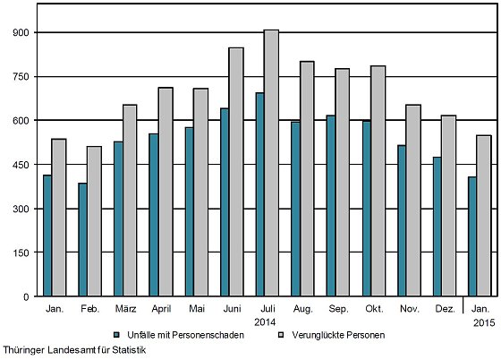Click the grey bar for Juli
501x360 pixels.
[271, 163]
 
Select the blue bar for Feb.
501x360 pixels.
[82, 239]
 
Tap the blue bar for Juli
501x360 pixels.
[259, 194]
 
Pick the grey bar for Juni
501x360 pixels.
[236, 172]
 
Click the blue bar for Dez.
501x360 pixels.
[437, 227]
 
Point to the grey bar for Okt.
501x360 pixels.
[378, 181]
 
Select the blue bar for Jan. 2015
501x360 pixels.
[472, 236]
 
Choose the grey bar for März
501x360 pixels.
[130, 201]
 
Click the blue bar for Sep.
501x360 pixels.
[331, 206]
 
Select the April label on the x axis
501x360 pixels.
[161, 309]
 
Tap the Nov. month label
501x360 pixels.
[410, 309]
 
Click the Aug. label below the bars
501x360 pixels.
[303, 310]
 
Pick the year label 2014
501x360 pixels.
[265, 322]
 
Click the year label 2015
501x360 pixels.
[484, 322]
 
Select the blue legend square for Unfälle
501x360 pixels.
[117, 335]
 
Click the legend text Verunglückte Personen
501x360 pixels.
[338, 335]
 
